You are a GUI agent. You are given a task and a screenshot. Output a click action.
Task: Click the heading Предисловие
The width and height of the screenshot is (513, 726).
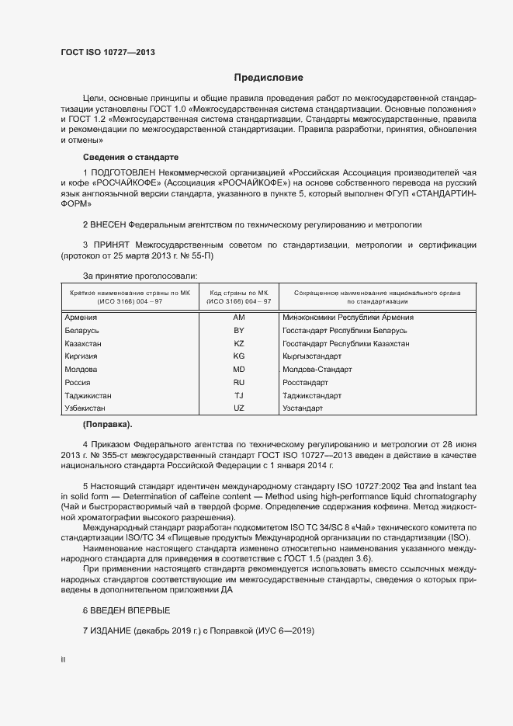coord(269,78)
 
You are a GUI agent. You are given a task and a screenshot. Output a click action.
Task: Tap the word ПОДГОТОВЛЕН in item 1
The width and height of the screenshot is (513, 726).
coord(123,171)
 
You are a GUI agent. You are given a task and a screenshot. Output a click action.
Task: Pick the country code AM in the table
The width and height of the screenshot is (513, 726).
coord(239,318)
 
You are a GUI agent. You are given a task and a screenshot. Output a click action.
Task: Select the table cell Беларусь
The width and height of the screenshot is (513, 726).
coord(83,331)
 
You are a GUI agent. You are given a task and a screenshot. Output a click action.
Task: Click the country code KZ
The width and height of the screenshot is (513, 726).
coord(239,343)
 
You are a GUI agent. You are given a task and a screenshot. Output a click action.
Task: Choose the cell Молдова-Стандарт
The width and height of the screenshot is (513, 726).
coord(317,370)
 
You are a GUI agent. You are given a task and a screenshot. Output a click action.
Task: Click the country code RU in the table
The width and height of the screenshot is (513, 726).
coord(239,383)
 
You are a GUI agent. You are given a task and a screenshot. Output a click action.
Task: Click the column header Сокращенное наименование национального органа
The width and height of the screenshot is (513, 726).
coord(377,296)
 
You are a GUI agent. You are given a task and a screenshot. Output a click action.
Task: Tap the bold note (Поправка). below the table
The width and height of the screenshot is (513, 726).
coord(107,424)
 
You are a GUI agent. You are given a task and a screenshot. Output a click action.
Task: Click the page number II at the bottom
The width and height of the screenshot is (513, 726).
coord(63,659)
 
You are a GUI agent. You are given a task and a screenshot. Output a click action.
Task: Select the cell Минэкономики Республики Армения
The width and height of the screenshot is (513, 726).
coord(348,318)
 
